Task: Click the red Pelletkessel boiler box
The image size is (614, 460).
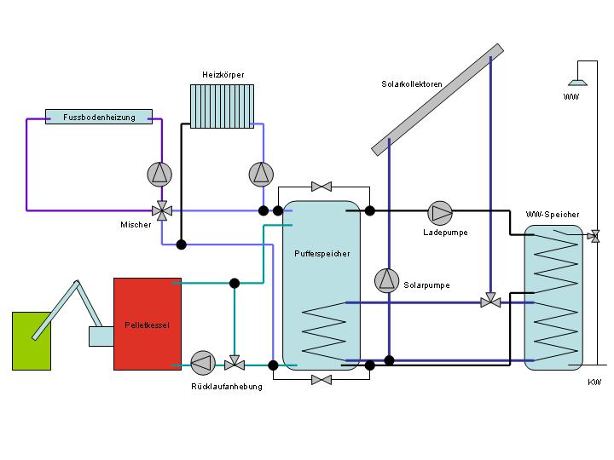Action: pyautogui.click(x=148, y=324)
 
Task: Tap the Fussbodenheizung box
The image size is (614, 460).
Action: pyautogui.click(x=99, y=117)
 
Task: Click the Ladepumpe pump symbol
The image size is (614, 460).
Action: pyautogui.click(x=440, y=211)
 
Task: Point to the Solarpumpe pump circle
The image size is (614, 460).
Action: pyautogui.click(x=386, y=279)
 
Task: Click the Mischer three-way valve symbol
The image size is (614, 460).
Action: pyautogui.click(x=160, y=210)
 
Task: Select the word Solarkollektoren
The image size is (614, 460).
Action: pyautogui.click(x=413, y=84)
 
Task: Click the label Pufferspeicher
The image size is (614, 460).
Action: pyautogui.click(x=321, y=253)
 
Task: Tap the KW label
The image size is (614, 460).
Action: pyautogui.click(x=594, y=382)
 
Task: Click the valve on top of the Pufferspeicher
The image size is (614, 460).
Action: pyautogui.click(x=321, y=186)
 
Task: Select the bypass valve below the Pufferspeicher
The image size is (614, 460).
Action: pyautogui.click(x=321, y=379)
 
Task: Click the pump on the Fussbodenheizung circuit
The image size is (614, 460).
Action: pyautogui.click(x=159, y=174)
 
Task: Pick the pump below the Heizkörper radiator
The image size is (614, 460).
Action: pyautogui.click(x=262, y=174)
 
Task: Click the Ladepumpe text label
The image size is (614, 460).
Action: pyautogui.click(x=445, y=233)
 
